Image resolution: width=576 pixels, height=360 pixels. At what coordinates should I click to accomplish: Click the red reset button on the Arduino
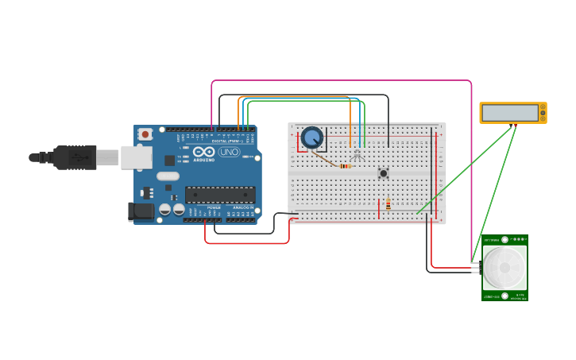(x=145, y=134)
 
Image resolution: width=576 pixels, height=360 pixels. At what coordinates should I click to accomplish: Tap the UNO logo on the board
(x=230, y=152)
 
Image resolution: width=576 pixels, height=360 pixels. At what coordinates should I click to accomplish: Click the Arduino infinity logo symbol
(x=203, y=151)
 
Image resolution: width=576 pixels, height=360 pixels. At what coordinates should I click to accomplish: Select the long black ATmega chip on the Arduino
(x=220, y=195)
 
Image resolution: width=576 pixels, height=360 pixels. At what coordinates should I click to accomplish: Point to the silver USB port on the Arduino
(x=136, y=157)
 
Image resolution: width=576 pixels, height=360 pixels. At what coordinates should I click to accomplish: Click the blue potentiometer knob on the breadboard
(x=312, y=137)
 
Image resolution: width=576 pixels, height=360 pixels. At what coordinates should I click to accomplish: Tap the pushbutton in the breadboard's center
(x=383, y=172)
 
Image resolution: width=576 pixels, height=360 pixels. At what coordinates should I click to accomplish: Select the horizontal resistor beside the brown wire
(x=345, y=166)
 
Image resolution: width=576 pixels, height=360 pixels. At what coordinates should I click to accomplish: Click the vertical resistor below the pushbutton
(x=388, y=203)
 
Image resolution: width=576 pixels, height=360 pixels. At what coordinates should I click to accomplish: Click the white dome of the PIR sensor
(x=504, y=268)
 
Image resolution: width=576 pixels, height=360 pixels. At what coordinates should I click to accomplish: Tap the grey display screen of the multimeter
(x=509, y=113)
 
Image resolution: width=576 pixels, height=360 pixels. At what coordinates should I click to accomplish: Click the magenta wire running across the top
(x=342, y=80)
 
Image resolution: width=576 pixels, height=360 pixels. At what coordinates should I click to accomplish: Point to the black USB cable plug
(x=75, y=157)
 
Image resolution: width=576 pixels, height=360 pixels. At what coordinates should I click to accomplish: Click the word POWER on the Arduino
(x=214, y=207)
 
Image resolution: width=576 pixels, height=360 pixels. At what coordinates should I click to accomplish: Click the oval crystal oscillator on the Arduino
(x=168, y=176)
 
